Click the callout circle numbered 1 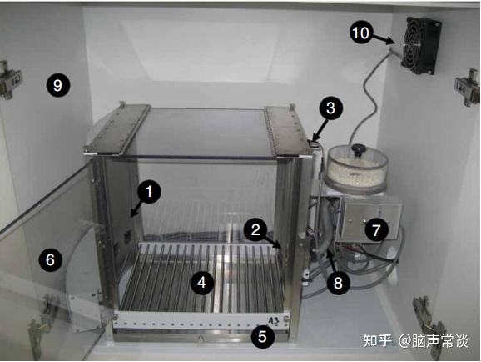[149, 193]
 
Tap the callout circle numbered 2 [257, 227]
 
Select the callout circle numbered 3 [330, 108]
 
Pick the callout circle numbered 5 [262, 337]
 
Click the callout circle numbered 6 [50, 260]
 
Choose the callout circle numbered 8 [337, 283]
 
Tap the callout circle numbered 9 [58, 84]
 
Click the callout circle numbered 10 [361, 33]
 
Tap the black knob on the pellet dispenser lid [360, 150]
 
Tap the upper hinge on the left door [11, 75]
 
